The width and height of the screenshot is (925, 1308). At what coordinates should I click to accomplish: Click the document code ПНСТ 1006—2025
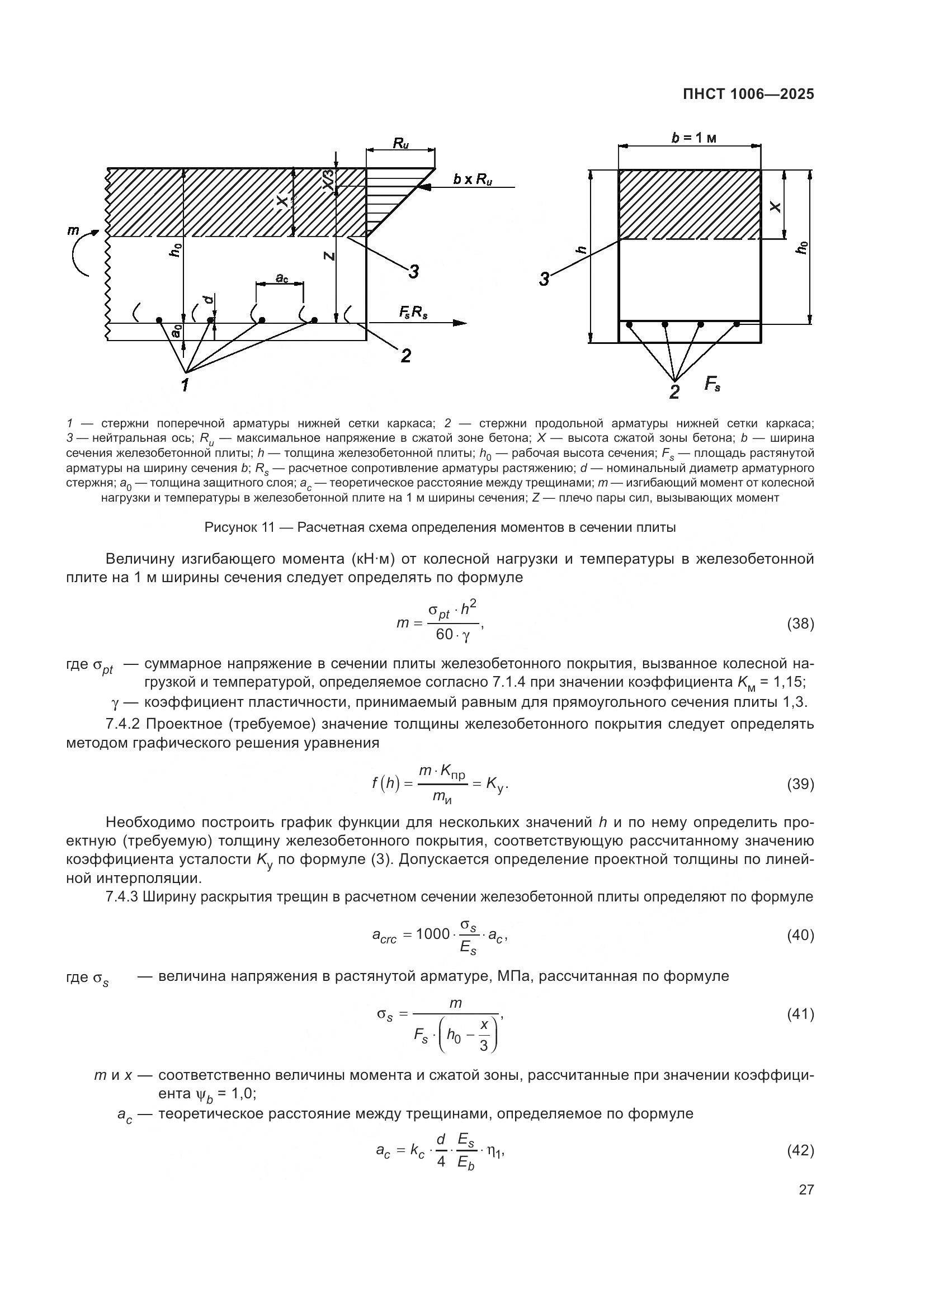tap(748, 94)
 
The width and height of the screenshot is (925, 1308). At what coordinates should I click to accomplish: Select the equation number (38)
tap(800, 624)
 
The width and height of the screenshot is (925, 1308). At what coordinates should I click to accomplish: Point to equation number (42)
tap(800, 1151)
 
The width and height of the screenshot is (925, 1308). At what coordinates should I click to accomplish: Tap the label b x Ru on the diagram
tap(473, 180)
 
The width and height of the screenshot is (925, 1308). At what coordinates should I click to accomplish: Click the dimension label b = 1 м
tap(693, 138)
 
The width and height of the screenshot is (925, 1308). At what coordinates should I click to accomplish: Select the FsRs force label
tap(413, 312)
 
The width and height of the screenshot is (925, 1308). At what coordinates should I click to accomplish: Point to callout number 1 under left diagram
tap(185, 385)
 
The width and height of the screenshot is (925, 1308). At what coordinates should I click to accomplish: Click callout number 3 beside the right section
tap(545, 279)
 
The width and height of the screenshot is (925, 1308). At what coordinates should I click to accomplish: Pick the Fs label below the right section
tap(712, 384)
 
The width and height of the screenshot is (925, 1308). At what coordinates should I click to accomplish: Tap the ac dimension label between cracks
tap(281, 277)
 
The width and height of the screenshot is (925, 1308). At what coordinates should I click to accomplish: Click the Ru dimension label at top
tap(401, 143)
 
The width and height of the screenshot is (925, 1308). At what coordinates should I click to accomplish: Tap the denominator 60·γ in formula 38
tap(452, 635)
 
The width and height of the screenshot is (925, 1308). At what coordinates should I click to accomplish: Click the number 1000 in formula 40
tap(433, 934)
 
